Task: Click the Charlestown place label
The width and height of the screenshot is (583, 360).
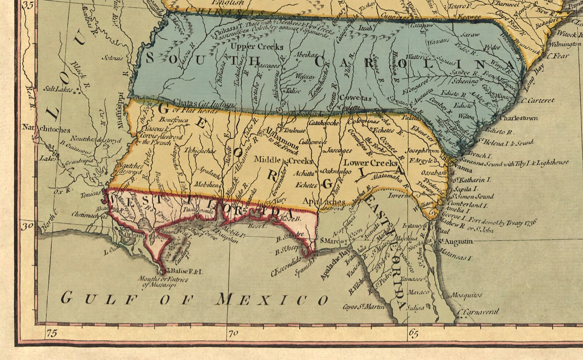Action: (x=519, y=118)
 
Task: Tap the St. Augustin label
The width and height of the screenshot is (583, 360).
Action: (x=455, y=241)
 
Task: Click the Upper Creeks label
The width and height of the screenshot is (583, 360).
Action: (x=257, y=47)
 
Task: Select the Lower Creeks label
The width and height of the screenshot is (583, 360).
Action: (x=370, y=163)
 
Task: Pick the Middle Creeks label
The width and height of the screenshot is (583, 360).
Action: (x=283, y=160)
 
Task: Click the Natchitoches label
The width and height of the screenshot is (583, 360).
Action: (x=46, y=129)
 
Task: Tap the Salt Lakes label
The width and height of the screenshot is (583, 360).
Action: (x=57, y=89)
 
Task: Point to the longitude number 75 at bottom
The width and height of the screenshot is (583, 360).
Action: (x=52, y=334)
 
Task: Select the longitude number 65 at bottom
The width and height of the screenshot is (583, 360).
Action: (x=413, y=334)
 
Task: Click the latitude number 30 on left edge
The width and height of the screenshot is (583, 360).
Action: (x=27, y=226)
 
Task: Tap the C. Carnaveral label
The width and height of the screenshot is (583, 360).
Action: (x=479, y=312)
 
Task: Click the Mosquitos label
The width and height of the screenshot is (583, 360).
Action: (x=466, y=295)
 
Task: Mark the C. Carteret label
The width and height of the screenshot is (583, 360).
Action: (x=537, y=101)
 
